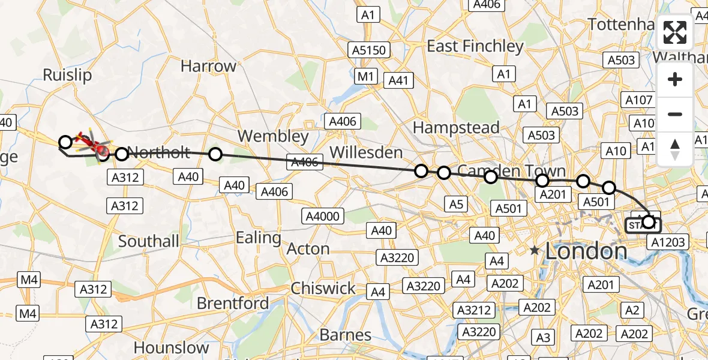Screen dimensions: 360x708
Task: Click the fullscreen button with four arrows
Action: pyautogui.click(x=675, y=32)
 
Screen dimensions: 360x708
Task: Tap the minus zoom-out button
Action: pyautogui.click(x=675, y=114)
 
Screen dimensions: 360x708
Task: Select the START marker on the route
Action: pyautogui.click(x=643, y=226)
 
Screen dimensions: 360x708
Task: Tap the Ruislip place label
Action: pyautogui.click(x=67, y=74)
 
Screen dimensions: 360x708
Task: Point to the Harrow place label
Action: pyautogui.click(x=208, y=66)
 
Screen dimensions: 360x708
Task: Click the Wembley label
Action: pyautogui.click(x=273, y=136)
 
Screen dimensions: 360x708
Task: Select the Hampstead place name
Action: pyautogui.click(x=456, y=127)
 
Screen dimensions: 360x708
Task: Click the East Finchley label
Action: pyautogui.click(x=475, y=46)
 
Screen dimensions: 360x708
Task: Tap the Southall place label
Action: pyautogui.click(x=149, y=241)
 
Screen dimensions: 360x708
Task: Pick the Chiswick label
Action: pyautogui.click(x=323, y=289)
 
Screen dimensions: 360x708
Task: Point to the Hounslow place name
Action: pyautogui.click(x=171, y=347)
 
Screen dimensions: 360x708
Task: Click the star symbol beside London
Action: pyautogui.click(x=535, y=251)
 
